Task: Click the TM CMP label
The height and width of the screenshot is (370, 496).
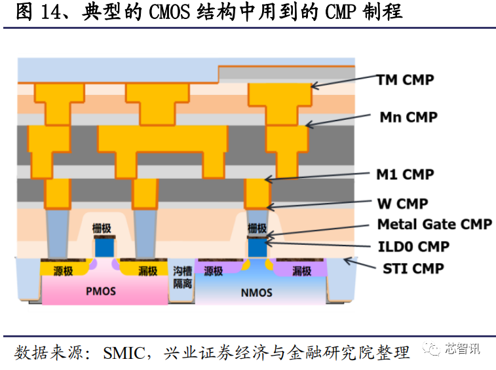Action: point(406,80)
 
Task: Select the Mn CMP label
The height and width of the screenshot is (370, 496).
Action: point(408,117)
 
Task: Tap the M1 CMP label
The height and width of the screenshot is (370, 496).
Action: point(405,174)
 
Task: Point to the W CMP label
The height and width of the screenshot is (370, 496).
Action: point(403,204)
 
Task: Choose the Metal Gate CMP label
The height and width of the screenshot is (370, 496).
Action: point(434,225)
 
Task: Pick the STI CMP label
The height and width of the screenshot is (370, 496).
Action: point(413,268)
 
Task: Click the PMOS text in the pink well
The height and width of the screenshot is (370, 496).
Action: point(100,289)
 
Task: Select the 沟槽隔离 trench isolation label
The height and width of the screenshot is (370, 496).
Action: point(182,277)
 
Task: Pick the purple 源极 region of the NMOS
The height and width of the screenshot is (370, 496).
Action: point(214,270)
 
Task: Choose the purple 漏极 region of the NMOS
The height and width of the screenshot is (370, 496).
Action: point(302,270)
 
